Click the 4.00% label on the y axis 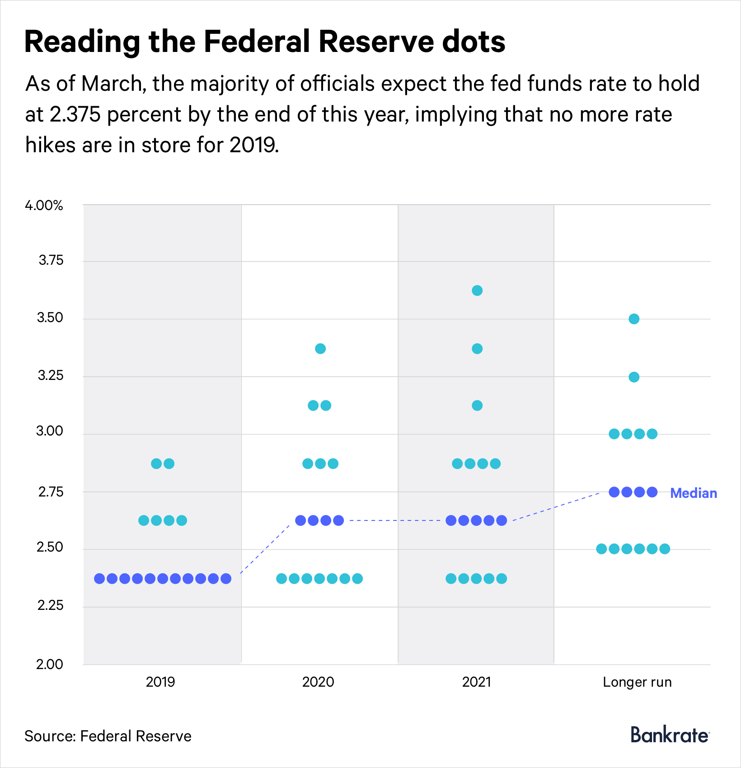click(x=44, y=206)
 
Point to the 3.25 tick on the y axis click(x=50, y=375)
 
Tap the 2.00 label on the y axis click(x=50, y=664)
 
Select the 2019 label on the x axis click(x=160, y=682)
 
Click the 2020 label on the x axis click(x=318, y=682)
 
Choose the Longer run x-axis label click(x=637, y=682)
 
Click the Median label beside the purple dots click(x=694, y=493)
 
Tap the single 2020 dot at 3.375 click(x=320, y=349)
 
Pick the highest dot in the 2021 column click(x=477, y=290)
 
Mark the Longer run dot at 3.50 click(x=634, y=319)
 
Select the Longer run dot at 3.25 click(x=634, y=377)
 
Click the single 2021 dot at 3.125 click(x=477, y=406)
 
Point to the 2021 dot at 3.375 click(x=477, y=349)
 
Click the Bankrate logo click(x=670, y=735)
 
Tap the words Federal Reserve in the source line click(x=136, y=736)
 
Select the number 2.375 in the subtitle click(x=75, y=115)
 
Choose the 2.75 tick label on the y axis click(x=50, y=492)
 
